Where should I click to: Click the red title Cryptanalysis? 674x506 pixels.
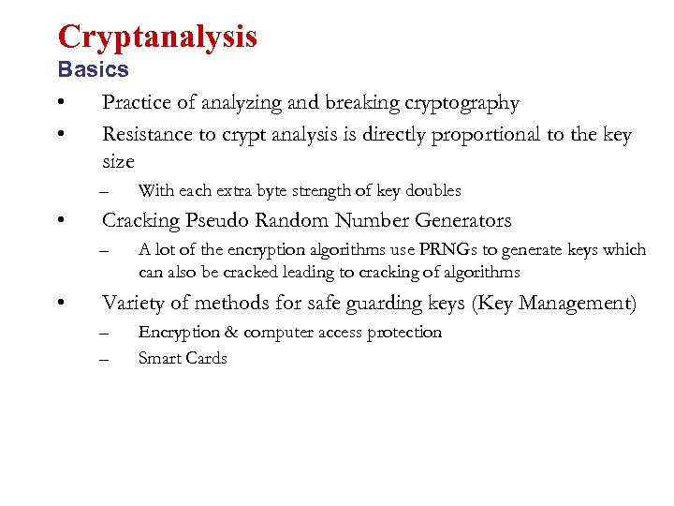(x=157, y=37)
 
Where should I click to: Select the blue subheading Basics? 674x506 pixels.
(x=93, y=70)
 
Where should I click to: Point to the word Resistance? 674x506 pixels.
(x=149, y=135)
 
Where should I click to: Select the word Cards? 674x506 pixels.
(x=207, y=358)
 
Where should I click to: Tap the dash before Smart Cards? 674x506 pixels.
(x=105, y=358)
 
